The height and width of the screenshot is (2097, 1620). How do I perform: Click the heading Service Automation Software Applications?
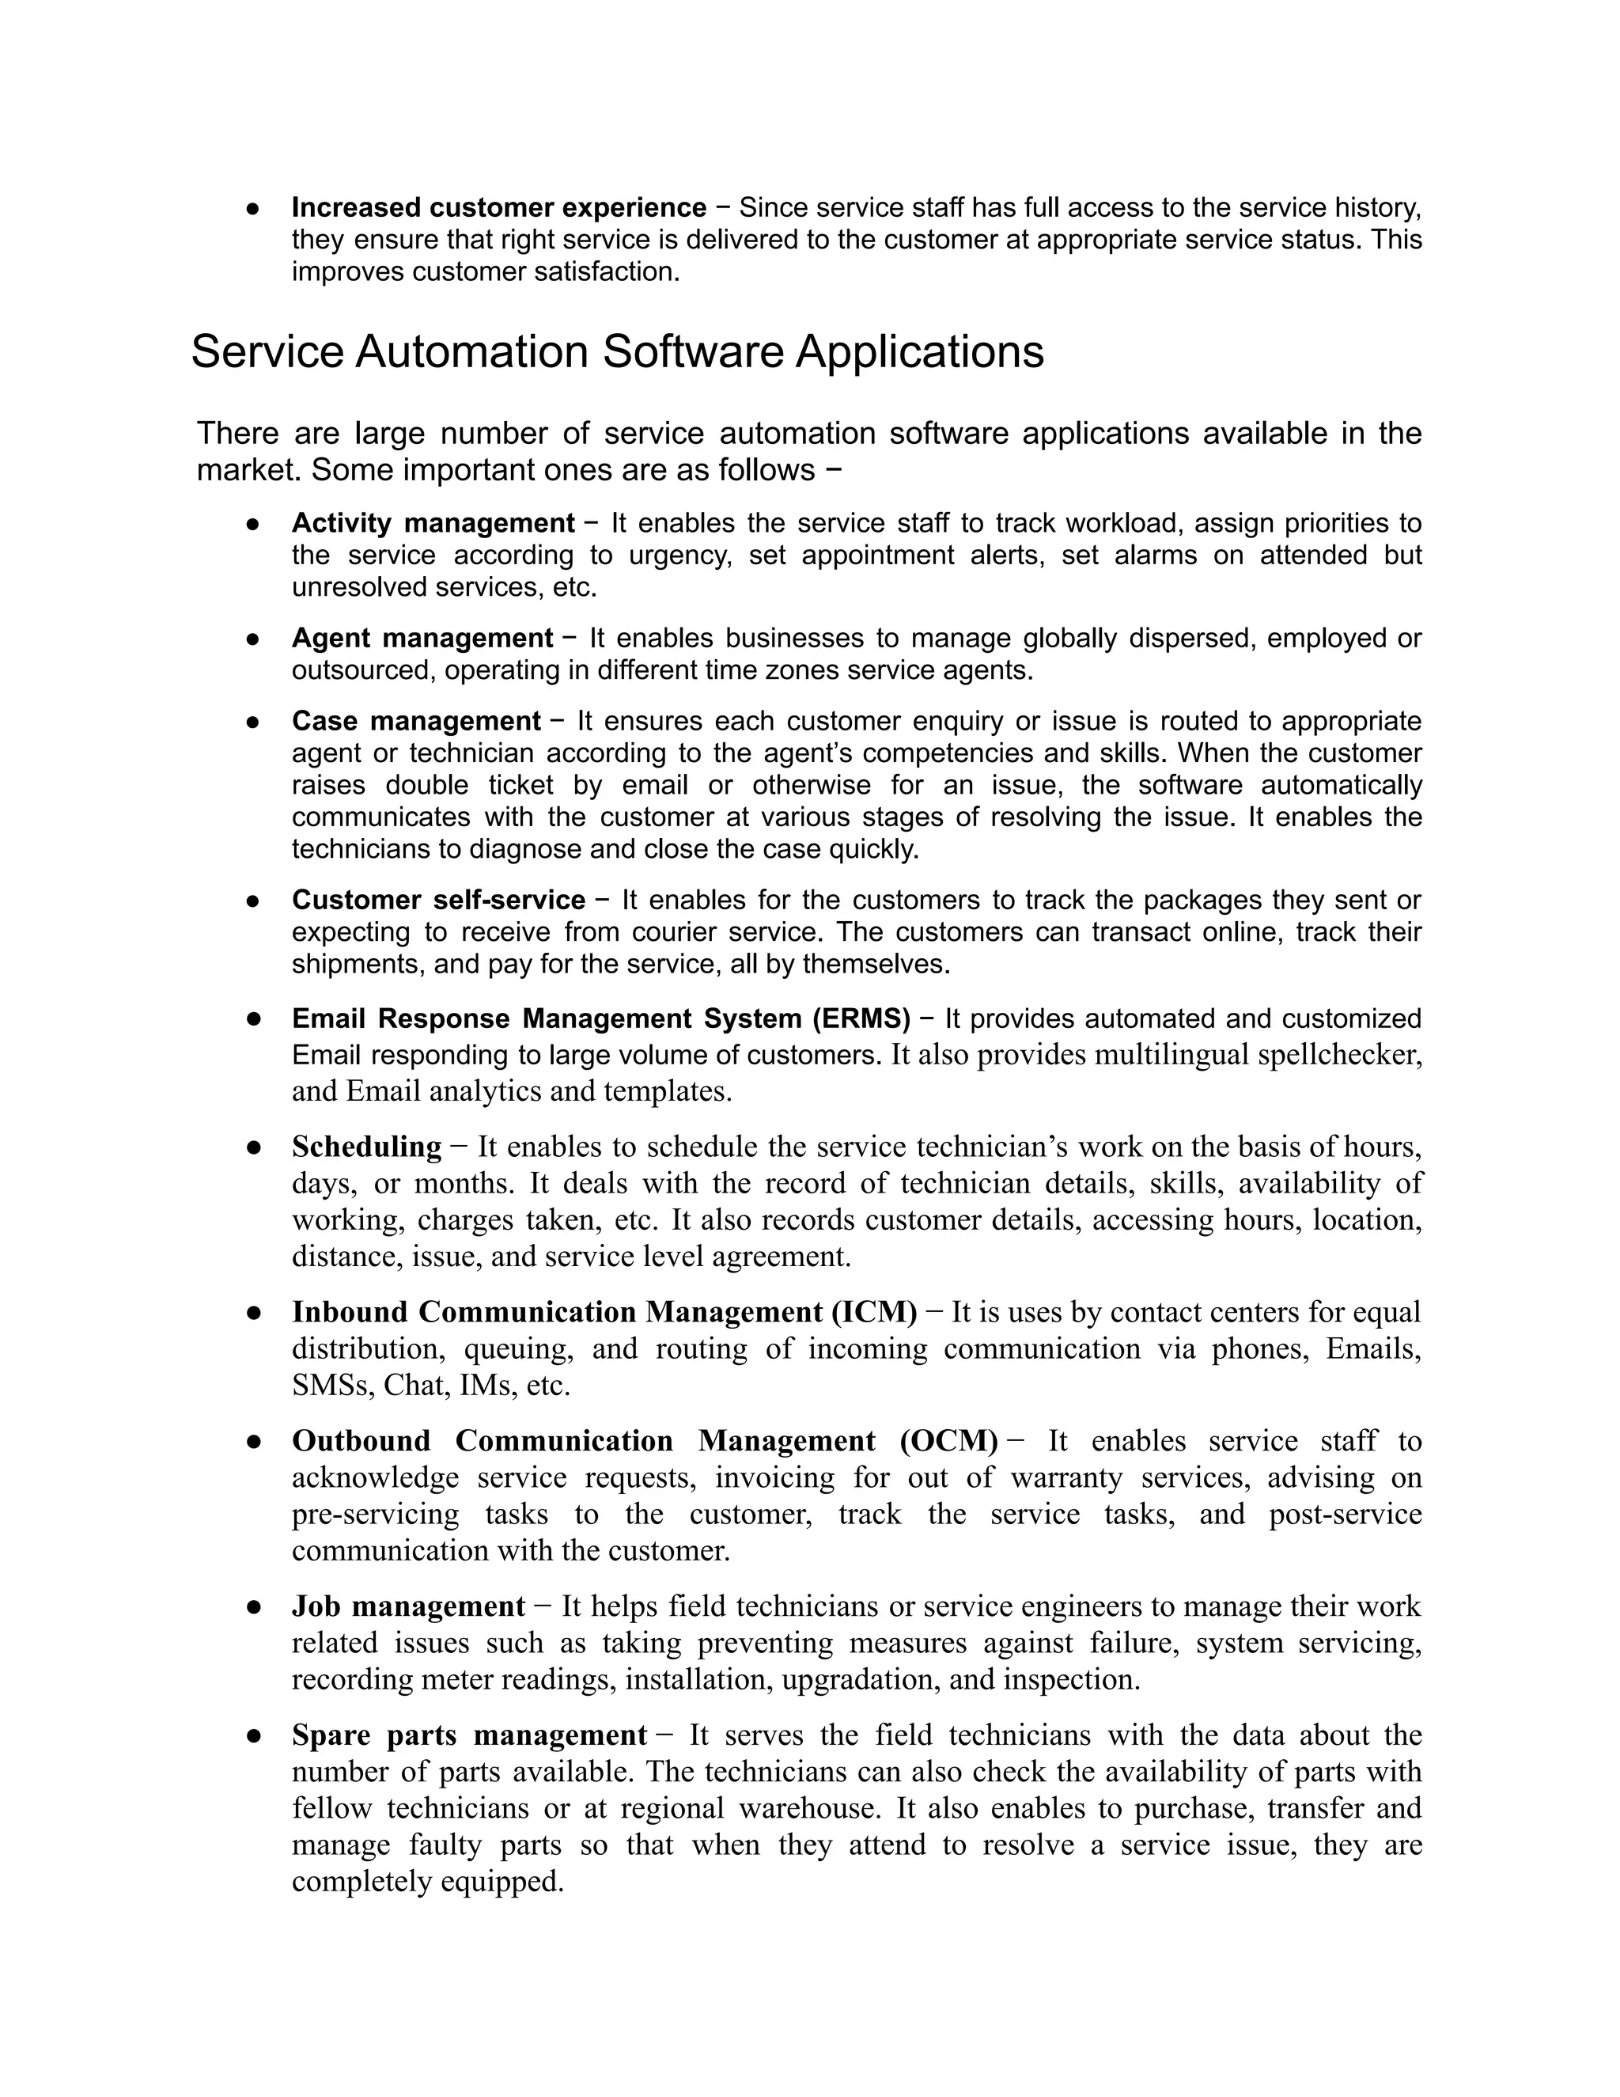point(617,351)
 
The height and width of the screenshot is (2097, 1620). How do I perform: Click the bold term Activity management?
point(433,523)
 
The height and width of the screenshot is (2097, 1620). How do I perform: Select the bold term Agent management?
point(422,639)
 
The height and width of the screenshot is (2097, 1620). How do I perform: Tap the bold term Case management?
point(417,721)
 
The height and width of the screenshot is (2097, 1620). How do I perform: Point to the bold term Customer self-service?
point(438,900)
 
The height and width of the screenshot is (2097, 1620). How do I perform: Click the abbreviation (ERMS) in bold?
point(861,1018)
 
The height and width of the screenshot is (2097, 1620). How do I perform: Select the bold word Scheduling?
point(366,1147)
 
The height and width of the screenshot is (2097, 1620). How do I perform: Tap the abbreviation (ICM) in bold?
point(873,1311)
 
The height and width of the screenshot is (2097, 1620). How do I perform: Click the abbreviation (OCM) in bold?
point(949,1440)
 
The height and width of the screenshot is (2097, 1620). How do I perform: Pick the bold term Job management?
point(409,1606)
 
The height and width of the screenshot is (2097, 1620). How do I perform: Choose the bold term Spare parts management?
point(469,1735)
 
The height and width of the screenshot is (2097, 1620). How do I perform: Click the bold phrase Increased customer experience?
point(499,207)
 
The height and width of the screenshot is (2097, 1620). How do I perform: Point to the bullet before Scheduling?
point(255,1147)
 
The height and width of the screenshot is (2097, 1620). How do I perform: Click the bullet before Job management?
point(255,1607)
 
